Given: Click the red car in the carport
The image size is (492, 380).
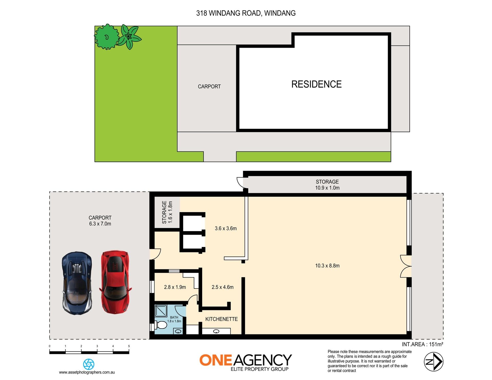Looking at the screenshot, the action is coord(115,282).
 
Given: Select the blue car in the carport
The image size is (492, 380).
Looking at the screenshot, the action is coord(77,283).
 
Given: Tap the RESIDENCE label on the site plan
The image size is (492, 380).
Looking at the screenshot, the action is coord(316,84).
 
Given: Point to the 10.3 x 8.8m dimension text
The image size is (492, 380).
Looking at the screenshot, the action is coord(327,266).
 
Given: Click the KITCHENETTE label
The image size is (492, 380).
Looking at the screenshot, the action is coord(221,319).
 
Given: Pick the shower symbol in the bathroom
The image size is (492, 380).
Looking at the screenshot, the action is coord(161,311).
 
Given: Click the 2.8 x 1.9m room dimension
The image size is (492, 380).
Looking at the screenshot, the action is coord(175,287).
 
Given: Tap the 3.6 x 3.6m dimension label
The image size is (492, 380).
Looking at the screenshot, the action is coord(226,228).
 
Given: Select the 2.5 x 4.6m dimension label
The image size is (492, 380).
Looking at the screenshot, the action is coord(223,287).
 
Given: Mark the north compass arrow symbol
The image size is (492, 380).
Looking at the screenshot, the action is coord(434,362).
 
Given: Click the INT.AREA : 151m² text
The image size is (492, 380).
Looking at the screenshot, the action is coord(423,344).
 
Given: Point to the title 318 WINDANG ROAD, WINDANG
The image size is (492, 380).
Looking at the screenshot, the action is coord(246,13).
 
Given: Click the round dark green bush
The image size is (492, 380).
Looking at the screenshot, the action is coord(107,37).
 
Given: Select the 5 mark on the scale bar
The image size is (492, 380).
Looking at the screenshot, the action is coord(129,346).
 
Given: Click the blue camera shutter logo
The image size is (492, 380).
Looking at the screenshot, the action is coord(89,364).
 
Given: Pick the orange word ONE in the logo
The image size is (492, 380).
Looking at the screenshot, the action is coord(216,360).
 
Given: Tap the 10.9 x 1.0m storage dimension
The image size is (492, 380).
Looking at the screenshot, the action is coord(327,188).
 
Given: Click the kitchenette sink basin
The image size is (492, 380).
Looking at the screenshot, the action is coord(216,331).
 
